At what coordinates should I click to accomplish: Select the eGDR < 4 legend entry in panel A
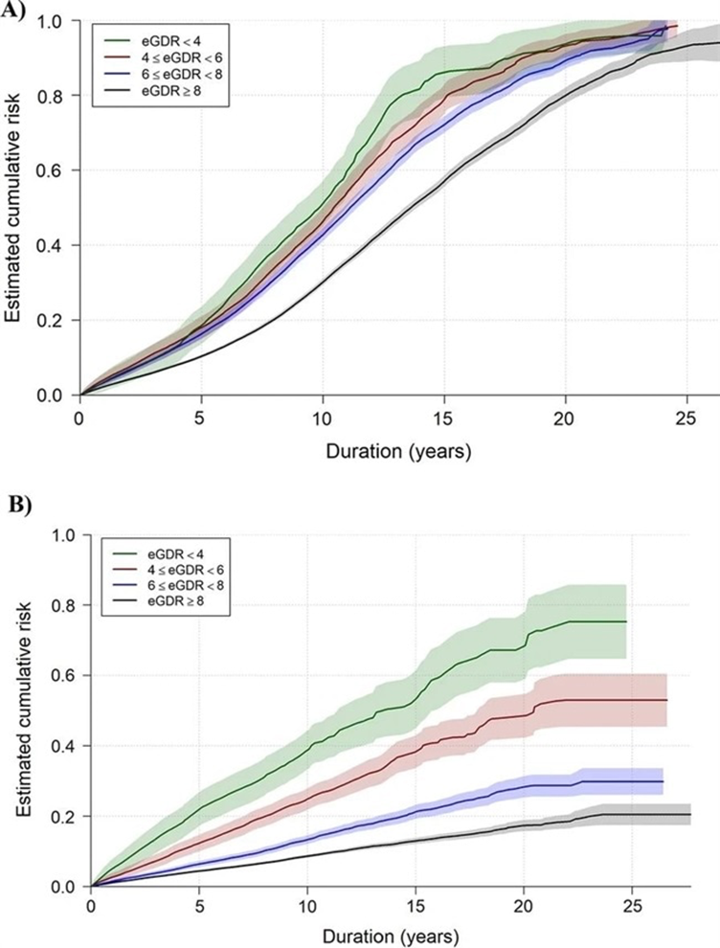coord(169,40)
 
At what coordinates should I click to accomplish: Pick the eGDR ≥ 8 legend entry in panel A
coord(169,93)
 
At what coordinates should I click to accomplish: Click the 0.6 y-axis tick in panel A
coord(56,170)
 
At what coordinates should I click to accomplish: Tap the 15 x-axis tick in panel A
coord(443,418)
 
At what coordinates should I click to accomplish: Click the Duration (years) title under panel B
coord(391,934)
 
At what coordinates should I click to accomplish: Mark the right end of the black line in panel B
coord(690,814)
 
